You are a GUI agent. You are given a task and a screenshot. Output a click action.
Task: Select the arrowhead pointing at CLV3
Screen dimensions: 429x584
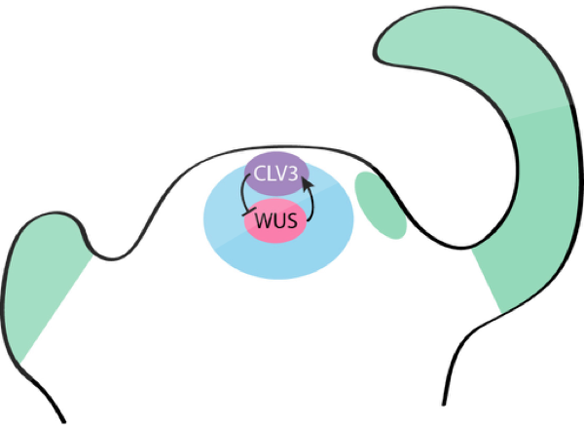(308, 179)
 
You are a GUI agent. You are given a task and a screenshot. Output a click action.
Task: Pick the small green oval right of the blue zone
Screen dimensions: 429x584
(379, 204)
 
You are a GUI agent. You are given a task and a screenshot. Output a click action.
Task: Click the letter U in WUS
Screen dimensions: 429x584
(278, 221)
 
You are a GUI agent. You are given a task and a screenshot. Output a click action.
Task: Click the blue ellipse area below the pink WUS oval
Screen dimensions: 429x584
(277, 258)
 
